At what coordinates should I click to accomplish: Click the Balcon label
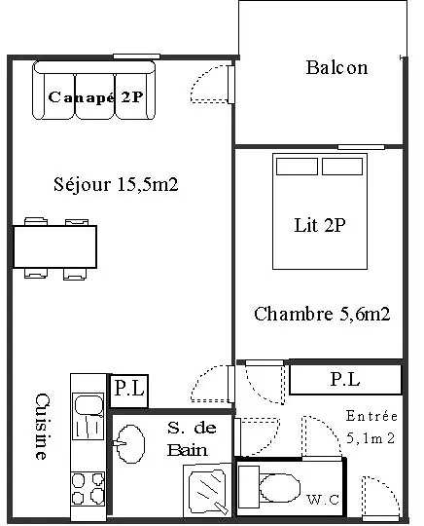tap(336, 67)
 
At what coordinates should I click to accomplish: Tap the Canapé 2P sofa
tap(93, 90)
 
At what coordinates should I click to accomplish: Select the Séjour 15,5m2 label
tap(116, 184)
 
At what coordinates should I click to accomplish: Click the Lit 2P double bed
tap(320, 211)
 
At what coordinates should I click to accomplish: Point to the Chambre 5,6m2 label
tap(322, 314)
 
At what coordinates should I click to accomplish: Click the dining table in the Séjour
tap(54, 246)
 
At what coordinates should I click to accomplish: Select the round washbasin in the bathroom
tap(130, 444)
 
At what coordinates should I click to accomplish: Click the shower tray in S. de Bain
tap(208, 490)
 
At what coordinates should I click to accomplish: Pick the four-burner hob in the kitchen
tap(88, 488)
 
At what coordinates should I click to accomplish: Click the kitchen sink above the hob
tap(88, 416)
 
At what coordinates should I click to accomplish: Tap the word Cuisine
tap(43, 426)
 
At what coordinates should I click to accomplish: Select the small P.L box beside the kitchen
tap(129, 391)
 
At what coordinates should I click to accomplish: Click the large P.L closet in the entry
tap(345, 380)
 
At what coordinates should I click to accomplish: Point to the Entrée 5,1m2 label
tap(371, 427)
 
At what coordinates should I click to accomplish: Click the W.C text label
tap(323, 500)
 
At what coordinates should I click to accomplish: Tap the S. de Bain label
tap(192, 439)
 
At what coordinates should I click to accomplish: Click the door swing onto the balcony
tap(212, 84)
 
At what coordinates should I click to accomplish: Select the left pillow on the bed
tap(297, 167)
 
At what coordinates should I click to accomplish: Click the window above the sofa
tap(137, 56)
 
